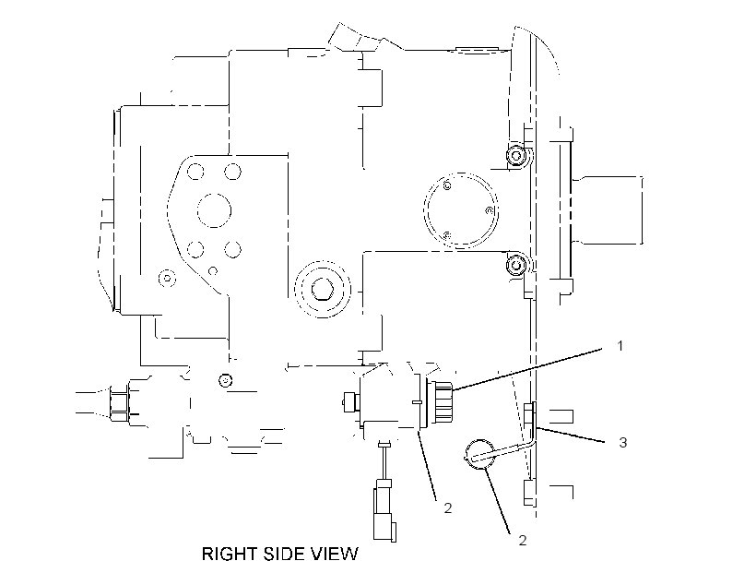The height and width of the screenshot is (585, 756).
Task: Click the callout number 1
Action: coord(620,346)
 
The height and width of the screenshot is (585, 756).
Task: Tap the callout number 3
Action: coord(623,442)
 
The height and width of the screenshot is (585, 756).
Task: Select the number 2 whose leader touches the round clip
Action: coord(523,540)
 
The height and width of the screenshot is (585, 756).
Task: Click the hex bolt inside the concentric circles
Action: coord(321,290)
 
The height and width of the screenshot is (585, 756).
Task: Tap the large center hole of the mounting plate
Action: coord(214,210)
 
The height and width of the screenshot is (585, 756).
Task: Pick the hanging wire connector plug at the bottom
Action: coord(384,510)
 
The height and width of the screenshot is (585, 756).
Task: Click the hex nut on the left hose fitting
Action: coord(120,402)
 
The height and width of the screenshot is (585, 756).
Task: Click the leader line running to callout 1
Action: coord(528,369)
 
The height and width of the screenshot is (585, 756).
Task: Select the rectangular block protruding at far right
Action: coord(607,210)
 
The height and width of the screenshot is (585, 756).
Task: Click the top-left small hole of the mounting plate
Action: coord(195,172)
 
